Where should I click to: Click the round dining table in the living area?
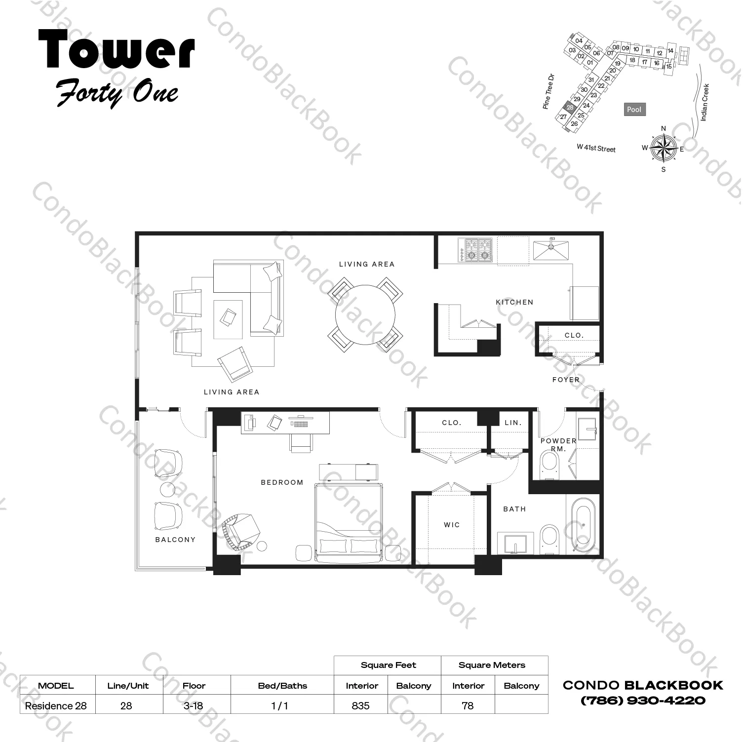pos(365,314)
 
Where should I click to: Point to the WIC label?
pos(452,525)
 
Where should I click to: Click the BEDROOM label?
pos(282,482)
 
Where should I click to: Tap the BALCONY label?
pos(175,540)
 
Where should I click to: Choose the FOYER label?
pos(566,380)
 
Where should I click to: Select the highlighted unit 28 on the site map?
pos(570,107)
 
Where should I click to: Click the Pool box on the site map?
pos(634,110)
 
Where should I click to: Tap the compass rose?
pos(663,148)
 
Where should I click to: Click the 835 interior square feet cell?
pos(361,705)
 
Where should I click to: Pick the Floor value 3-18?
pos(193,705)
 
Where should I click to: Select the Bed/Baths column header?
pos(282,686)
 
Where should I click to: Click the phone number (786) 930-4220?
pos(643,700)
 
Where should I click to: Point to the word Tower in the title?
pos(117,49)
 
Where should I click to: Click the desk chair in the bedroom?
pos(301,443)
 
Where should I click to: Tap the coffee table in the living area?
pos(228,319)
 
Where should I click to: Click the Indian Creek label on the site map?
pos(704,102)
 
